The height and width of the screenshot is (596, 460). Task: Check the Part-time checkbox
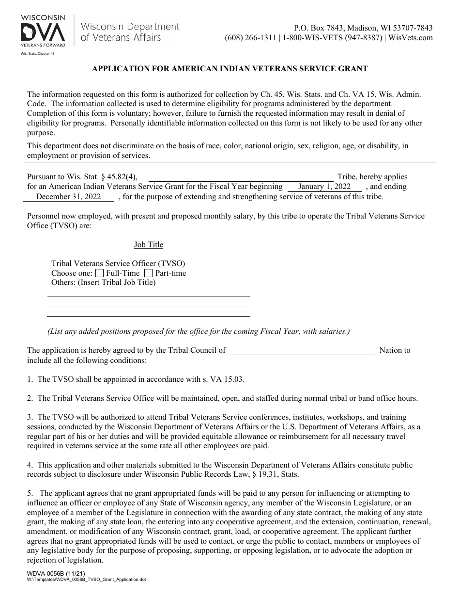coord(148,273)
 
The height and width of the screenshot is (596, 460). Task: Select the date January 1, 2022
coord(324,187)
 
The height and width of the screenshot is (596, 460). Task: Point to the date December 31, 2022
coord(69,196)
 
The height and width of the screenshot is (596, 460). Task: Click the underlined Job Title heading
coord(149,245)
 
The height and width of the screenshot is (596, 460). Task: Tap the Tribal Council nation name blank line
coord(302,351)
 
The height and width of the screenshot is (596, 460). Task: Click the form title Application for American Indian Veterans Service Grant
coord(230,69)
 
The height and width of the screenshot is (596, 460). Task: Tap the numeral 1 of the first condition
coord(30,379)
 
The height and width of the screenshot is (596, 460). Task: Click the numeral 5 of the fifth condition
coord(30,493)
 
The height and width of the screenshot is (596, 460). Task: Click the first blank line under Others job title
coord(148,296)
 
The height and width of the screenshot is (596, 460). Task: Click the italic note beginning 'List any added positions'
coord(198,331)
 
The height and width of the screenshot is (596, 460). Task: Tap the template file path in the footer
coord(86,579)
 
